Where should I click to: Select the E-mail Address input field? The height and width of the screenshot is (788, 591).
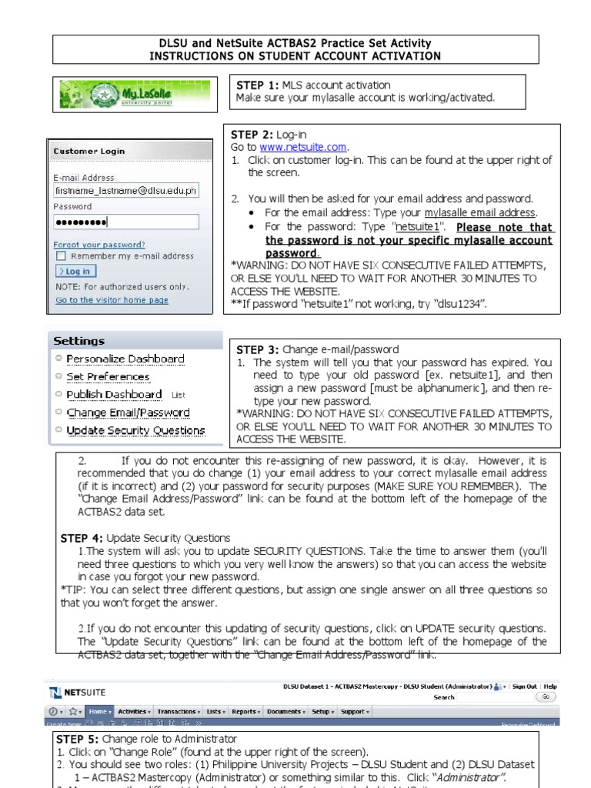point(126,190)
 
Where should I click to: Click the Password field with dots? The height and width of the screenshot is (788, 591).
point(126,222)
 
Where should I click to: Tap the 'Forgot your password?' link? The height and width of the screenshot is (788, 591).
point(99,245)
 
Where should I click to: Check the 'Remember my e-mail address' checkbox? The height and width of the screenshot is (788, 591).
point(61,255)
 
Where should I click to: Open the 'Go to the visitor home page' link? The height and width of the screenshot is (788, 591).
point(112,300)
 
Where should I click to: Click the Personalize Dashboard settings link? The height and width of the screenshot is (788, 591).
point(125,359)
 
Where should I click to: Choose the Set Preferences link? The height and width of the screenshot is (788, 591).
point(108,376)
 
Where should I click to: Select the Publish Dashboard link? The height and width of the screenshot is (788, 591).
point(114,394)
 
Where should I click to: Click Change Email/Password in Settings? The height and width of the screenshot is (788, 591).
point(127,412)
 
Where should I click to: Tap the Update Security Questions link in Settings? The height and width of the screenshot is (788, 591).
point(135,430)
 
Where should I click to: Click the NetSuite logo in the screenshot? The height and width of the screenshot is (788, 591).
point(78,692)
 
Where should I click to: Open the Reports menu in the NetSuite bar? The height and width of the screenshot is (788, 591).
point(245,712)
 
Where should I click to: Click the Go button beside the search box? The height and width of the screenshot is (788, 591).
point(546,697)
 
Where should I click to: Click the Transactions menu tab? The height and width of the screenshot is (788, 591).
point(178,712)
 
